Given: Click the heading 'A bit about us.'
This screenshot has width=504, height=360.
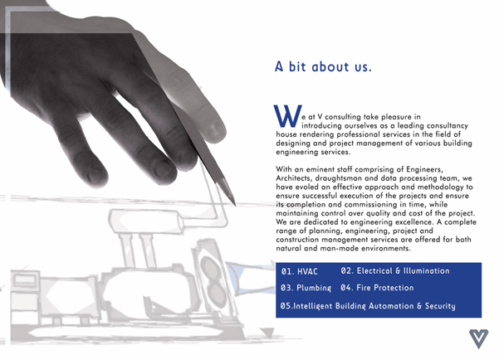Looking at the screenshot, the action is point(323,66).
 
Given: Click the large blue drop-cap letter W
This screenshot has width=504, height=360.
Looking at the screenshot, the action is point(287,115).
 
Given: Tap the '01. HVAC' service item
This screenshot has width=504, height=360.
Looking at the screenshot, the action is point(299,271).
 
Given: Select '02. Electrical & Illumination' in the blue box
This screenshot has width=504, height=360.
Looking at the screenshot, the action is point(395,270).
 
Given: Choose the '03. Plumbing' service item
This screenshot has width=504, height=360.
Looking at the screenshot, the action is point(306,288).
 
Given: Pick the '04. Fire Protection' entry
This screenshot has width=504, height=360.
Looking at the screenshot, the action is point(377,288).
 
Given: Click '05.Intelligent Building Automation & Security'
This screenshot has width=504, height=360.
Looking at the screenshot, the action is point(368,306).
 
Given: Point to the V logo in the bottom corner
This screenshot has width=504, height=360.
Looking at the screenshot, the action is point(478,338).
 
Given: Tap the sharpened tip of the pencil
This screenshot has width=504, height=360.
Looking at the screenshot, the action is point(235,205).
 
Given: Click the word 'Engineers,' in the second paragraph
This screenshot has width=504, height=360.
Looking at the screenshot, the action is point(424,169).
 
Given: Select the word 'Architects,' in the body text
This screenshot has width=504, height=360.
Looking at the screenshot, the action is point(294,178).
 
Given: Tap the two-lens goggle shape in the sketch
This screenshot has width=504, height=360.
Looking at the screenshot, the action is point(212,280).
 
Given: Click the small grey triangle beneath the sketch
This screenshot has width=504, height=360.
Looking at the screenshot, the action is point(267,333).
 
